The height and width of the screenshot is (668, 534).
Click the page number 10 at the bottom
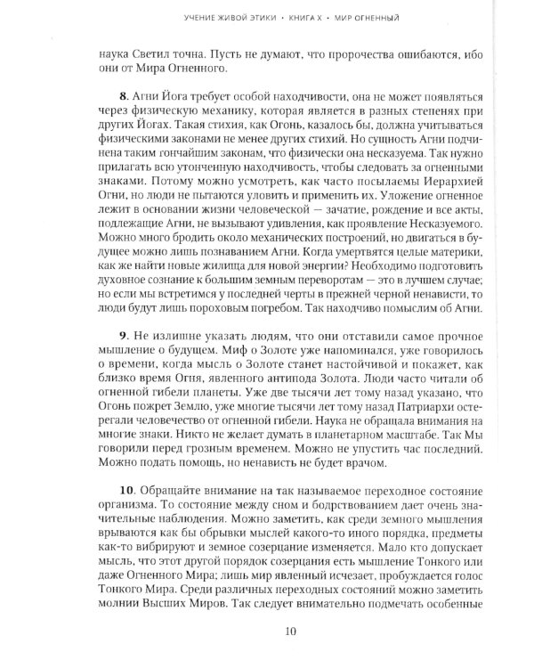[x=267, y=631]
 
